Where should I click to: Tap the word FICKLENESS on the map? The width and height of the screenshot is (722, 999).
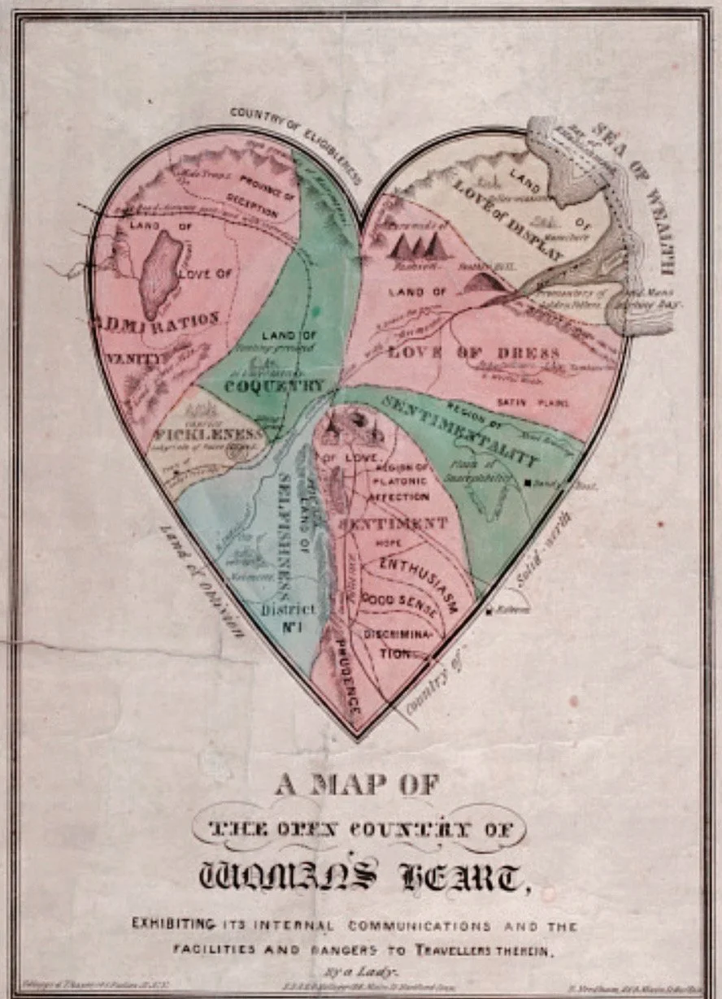click(210, 434)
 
